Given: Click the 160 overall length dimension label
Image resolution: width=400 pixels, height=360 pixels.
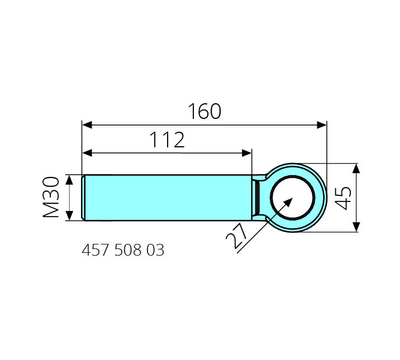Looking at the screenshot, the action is point(204,111).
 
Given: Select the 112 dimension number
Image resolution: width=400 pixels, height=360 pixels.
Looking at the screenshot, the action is point(167,140).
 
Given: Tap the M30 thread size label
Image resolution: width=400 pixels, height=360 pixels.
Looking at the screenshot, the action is point(51,197).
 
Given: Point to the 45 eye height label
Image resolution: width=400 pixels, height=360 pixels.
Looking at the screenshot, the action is point(342,198).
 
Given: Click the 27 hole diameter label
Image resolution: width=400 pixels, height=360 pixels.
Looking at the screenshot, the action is point(236,236).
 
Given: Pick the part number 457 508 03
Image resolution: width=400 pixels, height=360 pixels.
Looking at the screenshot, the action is point(123,250).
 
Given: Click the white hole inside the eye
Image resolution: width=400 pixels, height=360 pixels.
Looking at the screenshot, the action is point(292,198).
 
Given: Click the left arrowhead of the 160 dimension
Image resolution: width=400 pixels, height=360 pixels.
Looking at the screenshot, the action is point(87,125).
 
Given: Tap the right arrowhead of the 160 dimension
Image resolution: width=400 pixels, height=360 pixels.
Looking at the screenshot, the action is point(321,125).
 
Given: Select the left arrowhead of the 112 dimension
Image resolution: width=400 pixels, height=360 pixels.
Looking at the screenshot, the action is point(87,153).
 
